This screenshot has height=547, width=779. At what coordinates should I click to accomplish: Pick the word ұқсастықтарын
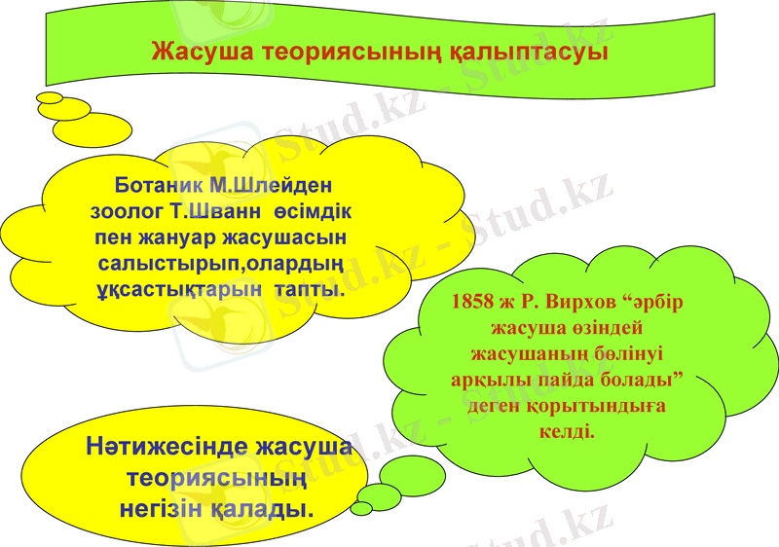coord(180,290)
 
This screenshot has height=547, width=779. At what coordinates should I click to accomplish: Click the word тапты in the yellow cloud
coord(310,290)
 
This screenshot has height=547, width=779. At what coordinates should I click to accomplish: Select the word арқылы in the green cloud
coord(488,380)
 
